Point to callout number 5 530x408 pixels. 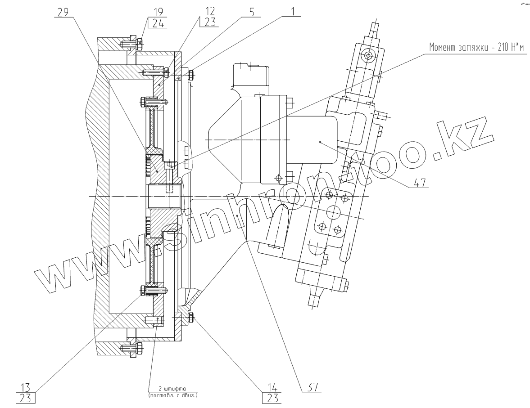point(251,12)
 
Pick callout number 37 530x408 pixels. point(311,386)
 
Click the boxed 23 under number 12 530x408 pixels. point(210,22)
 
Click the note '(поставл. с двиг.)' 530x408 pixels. point(173,395)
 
